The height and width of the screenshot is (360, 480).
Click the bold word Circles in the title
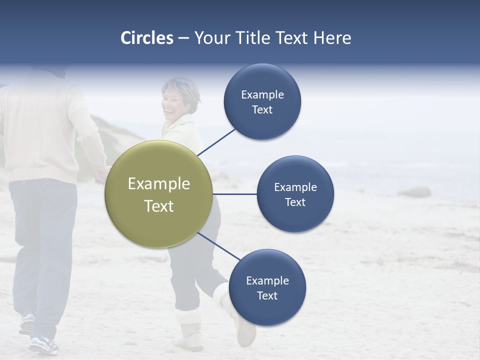tap(147, 38)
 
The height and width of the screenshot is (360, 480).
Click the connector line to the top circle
tap(217, 141)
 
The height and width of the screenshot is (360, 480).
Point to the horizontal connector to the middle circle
tap(235, 194)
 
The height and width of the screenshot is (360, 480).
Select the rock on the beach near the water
tap(414, 192)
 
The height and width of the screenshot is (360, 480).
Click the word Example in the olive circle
tap(159, 184)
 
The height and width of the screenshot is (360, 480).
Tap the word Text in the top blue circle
tap(262, 110)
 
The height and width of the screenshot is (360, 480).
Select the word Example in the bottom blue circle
tap(267, 280)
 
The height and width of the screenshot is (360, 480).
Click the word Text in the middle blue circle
tap(295, 202)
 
